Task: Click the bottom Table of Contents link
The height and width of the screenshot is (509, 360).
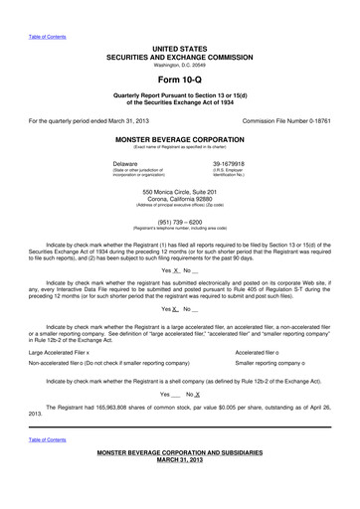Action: (47, 439)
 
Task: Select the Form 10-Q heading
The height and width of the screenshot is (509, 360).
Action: (180, 79)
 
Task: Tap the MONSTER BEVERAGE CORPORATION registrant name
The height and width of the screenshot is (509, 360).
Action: (180, 140)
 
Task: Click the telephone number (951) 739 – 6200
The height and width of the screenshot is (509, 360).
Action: (180, 223)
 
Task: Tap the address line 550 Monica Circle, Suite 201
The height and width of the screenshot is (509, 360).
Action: (180, 190)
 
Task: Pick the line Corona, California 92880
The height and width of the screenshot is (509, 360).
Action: (180, 197)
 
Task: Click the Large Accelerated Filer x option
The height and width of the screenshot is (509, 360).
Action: (59, 324)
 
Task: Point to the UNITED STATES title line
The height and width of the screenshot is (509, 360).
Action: (180, 48)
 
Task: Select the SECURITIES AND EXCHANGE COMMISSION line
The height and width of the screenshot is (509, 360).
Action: (180, 56)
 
